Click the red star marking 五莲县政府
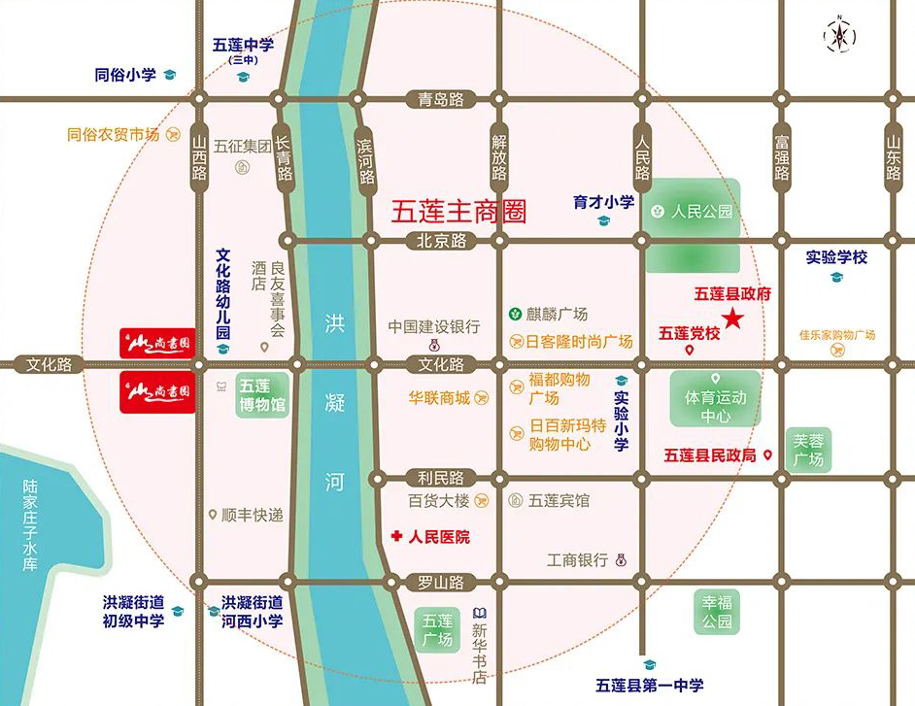click(x=733, y=318)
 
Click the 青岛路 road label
click(x=441, y=99)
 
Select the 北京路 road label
click(x=441, y=240)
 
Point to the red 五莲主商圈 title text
click(x=458, y=212)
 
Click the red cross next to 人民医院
click(x=396, y=536)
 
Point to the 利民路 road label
click(x=441, y=478)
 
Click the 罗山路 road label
click(x=441, y=582)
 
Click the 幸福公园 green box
click(x=717, y=612)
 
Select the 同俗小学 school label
click(x=125, y=75)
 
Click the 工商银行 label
click(x=577, y=560)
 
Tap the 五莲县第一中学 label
click(x=650, y=685)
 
